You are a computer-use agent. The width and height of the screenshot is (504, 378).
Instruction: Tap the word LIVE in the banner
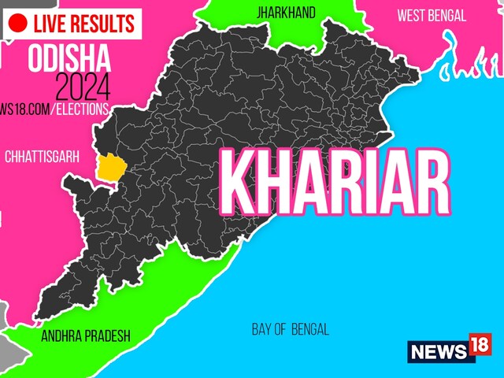[x=51, y=22]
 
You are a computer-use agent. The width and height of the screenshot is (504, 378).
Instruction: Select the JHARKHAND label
[x=286, y=13]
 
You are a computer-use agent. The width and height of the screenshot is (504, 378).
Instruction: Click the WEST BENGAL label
[x=431, y=15]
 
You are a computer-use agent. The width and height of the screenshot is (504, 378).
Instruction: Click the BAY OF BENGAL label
[x=290, y=329]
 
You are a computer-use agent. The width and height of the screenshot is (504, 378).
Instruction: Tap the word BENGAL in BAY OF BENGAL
[x=309, y=329]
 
